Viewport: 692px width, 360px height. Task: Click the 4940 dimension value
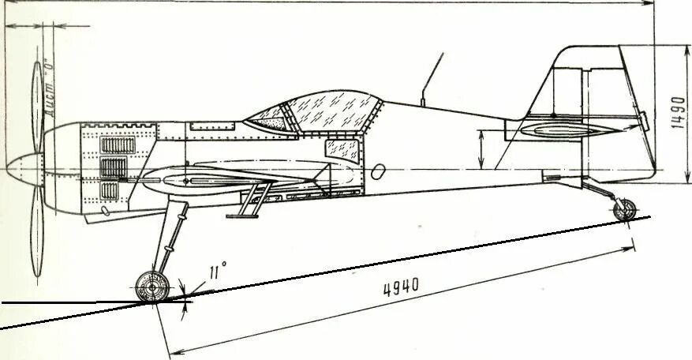(x=401, y=287)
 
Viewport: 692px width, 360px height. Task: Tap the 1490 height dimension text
(x=675, y=113)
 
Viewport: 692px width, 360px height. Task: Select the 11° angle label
(x=217, y=272)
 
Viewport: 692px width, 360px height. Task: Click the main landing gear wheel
(x=152, y=287)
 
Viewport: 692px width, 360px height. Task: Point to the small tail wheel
(x=625, y=209)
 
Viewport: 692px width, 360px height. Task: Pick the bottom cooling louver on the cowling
(x=115, y=189)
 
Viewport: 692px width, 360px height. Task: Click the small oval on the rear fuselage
(x=379, y=171)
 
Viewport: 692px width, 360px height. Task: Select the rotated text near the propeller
(x=50, y=87)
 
